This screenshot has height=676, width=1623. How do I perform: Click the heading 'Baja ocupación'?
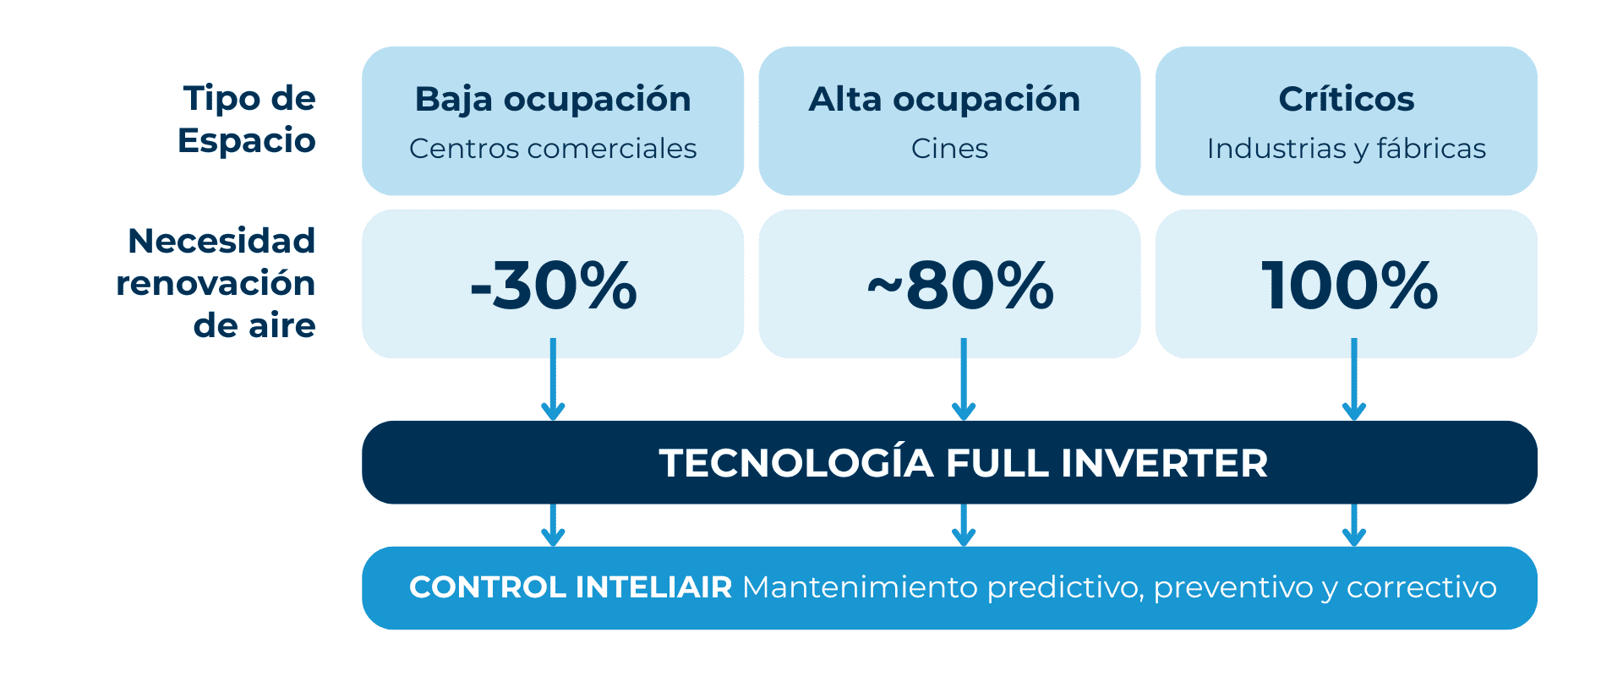point(553,100)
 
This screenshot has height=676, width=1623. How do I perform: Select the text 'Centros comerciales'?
point(553,149)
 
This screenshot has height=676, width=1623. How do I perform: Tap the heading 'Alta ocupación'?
point(944,100)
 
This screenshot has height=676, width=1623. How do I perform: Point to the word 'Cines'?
point(949,149)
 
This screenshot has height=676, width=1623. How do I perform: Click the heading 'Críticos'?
point(1346,100)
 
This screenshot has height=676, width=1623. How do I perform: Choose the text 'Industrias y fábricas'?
point(1346,149)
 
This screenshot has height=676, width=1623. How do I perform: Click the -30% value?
point(554,285)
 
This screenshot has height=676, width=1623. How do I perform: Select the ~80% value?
point(960,285)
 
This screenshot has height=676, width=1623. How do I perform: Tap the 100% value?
point(1349,285)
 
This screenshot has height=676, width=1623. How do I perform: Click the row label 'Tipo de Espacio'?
point(248,119)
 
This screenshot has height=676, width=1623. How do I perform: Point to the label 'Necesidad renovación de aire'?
point(216,283)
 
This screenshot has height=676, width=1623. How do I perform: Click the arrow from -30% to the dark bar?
point(553,380)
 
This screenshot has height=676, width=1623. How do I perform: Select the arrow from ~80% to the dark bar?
point(964,380)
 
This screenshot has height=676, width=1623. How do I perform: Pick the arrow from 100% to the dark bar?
point(1354,380)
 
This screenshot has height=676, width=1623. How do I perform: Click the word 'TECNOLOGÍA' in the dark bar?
point(795,463)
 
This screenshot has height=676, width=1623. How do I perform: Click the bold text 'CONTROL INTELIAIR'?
point(571,587)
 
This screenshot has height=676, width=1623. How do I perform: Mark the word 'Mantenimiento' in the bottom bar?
point(860,587)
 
